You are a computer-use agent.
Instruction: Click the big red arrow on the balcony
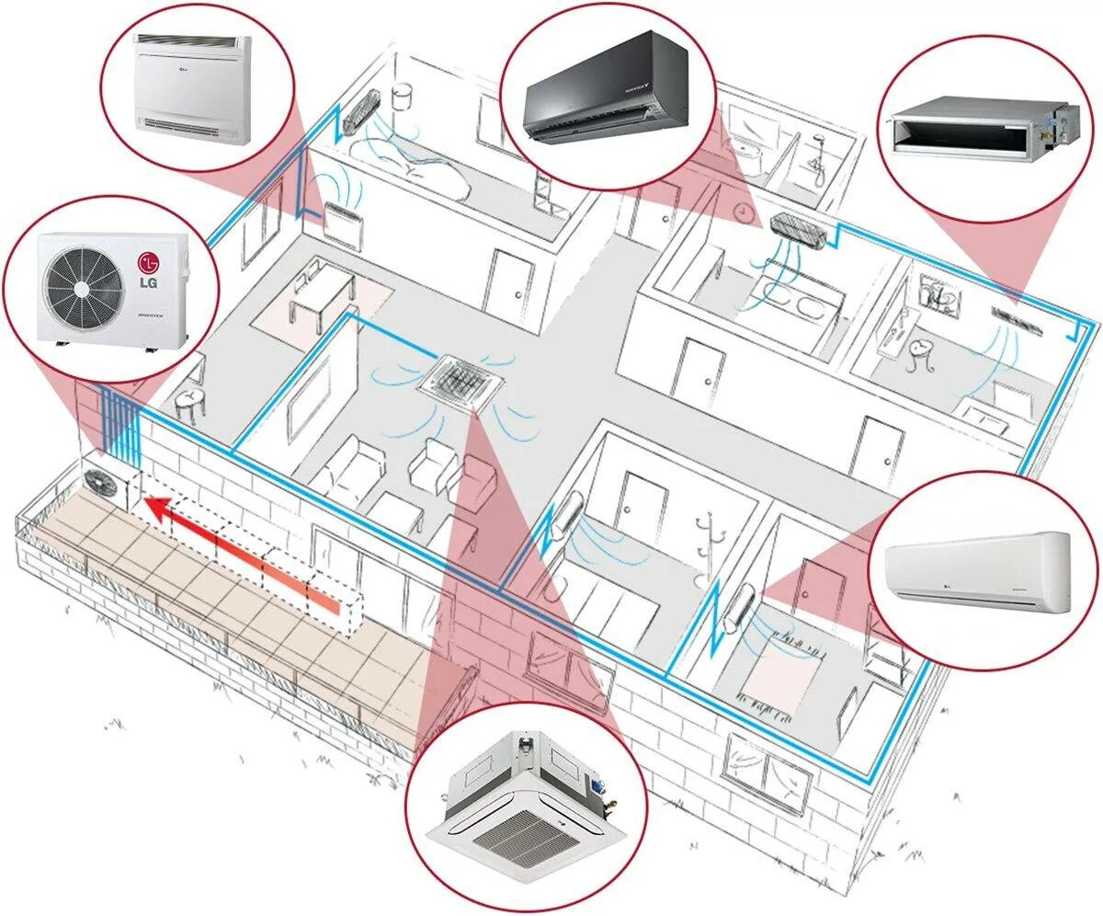(239, 548)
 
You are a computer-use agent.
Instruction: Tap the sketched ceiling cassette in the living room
(460, 378)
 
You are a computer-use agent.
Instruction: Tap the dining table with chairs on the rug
(322, 294)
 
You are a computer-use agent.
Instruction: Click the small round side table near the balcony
(188, 402)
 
